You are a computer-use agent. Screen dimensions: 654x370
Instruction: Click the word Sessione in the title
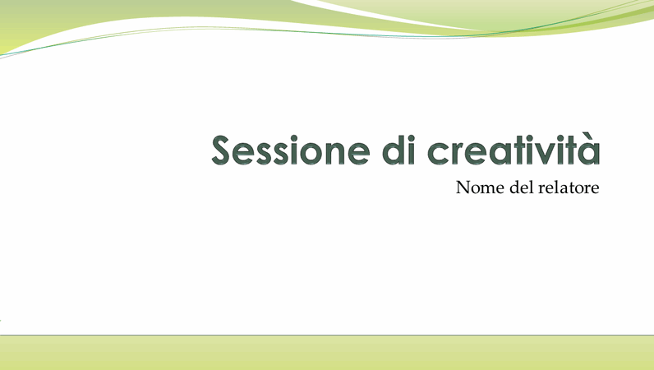(291, 150)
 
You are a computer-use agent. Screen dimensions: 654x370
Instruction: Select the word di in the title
(399, 149)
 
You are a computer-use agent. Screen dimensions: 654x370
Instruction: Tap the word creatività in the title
(514, 149)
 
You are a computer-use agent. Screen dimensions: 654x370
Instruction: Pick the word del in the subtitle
(522, 187)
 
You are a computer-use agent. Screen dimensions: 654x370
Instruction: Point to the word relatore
(569, 187)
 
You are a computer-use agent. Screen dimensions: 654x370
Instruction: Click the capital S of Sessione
(221, 150)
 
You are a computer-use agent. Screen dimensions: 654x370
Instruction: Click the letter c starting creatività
(440, 154)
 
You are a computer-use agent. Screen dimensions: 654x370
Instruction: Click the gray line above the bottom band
(327, 335)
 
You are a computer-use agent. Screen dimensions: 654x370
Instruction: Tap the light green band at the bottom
(327, 353)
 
